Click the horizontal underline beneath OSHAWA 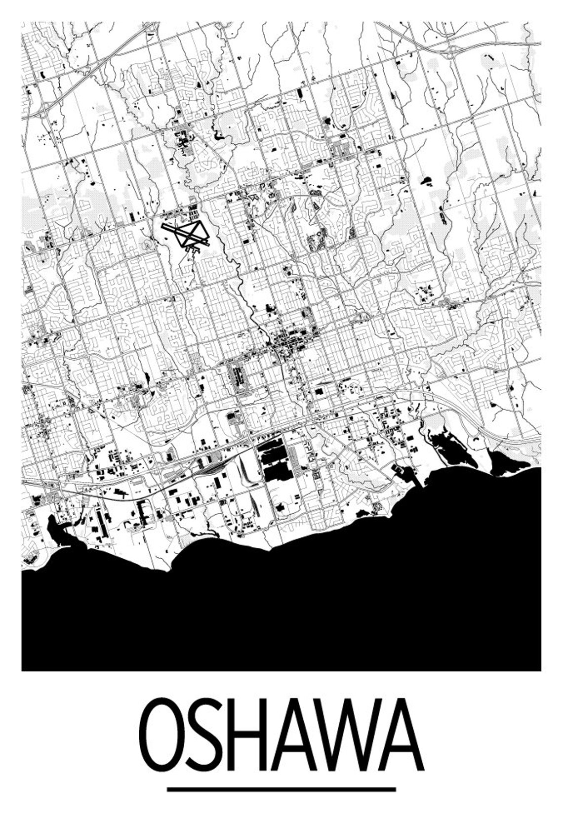point(281,789)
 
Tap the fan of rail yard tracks point(217,467)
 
